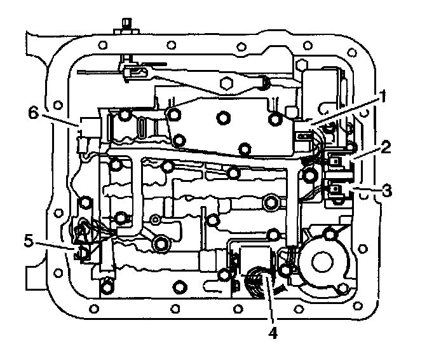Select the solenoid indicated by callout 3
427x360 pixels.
(x=335, y=189)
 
